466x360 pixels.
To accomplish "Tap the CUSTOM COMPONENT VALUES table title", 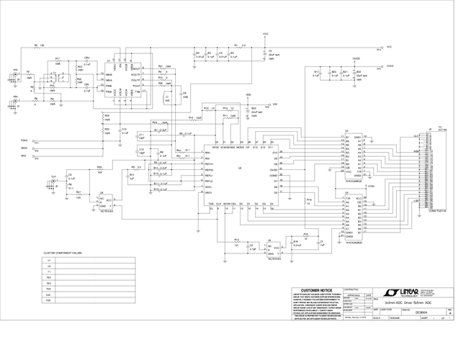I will (63, 253).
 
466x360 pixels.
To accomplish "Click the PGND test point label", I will (24, 140).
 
